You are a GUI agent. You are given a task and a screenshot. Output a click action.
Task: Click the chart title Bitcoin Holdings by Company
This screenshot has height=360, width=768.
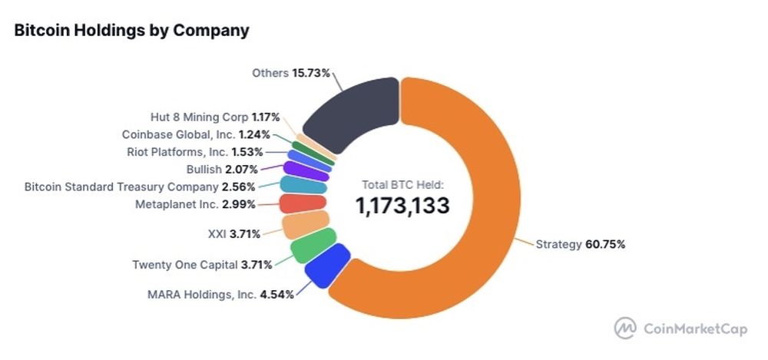(131, 31)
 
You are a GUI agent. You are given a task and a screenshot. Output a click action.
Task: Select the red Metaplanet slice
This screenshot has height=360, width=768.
(303, 203)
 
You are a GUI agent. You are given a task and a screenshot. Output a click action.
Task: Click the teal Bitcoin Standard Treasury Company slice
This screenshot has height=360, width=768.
(303, 185)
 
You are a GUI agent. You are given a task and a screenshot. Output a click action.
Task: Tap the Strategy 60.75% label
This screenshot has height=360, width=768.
(580, 245)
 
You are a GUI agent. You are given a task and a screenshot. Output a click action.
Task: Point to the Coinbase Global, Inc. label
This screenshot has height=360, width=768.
(196, 134)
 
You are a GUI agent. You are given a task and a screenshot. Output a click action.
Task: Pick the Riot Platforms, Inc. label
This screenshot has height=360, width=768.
(195, 151)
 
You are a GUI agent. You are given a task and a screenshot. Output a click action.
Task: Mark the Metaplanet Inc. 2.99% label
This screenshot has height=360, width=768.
(194, 204)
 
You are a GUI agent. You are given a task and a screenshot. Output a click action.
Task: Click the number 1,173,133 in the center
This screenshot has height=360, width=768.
(402, 205)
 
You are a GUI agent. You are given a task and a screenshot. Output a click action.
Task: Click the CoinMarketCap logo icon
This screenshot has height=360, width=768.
(626, 328)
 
